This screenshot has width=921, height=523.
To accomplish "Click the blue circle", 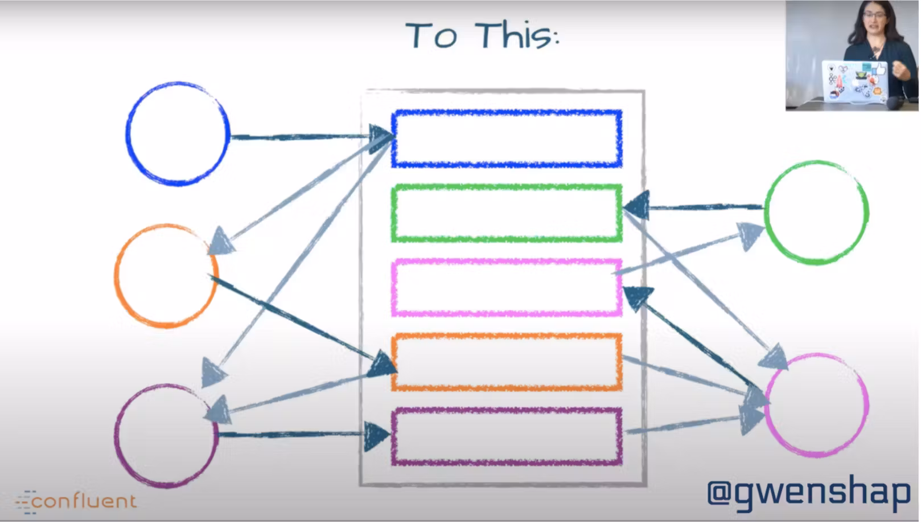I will (178, 134).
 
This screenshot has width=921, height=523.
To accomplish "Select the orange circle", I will (166, 276).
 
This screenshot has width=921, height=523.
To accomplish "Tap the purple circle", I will (166, 436).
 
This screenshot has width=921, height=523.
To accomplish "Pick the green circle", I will (816, 212).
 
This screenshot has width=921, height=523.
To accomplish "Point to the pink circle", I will (816, 405).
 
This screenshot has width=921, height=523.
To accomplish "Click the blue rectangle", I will (506, 139).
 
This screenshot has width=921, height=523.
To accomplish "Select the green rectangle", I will (506, 213).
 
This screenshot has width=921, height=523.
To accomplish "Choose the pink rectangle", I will (506, 287).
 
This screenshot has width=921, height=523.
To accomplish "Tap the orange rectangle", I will (506, 362).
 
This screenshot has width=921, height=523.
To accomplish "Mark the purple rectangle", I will (506, 436).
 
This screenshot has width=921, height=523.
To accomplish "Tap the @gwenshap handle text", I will (808, 493).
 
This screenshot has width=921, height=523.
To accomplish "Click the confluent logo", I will (77, 501).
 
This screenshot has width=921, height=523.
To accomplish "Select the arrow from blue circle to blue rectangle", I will (302, 137).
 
